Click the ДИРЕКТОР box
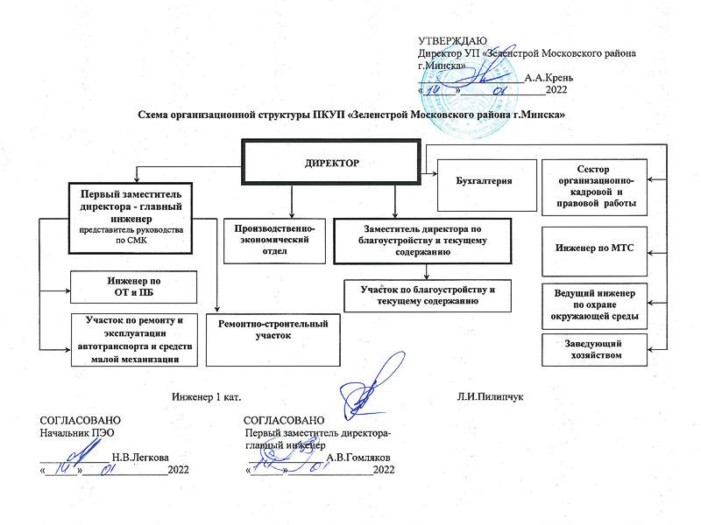332,164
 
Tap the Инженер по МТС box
594,249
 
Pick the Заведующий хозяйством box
594,350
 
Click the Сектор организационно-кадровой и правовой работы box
594,187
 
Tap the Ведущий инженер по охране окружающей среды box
594,303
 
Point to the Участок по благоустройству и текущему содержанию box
425,295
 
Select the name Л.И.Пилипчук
490,397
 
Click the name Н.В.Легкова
140,457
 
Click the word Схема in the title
156,115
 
